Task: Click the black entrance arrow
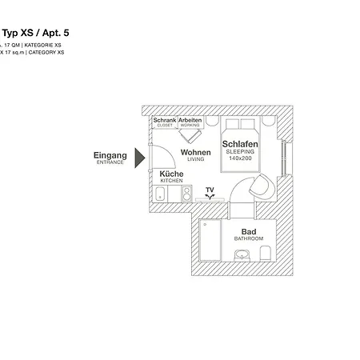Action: (138, 159)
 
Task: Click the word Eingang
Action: (110, 155)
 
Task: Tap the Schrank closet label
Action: (165, 121)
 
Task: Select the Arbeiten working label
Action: (190, 121)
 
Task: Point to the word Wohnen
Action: (196, 152)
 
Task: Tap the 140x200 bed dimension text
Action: (240, 158)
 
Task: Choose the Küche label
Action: (171, 174)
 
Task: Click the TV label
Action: (210, 190)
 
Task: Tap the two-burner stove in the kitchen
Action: (185, 194)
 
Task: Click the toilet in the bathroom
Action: (266, 254)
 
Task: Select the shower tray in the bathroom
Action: (211, 240)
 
